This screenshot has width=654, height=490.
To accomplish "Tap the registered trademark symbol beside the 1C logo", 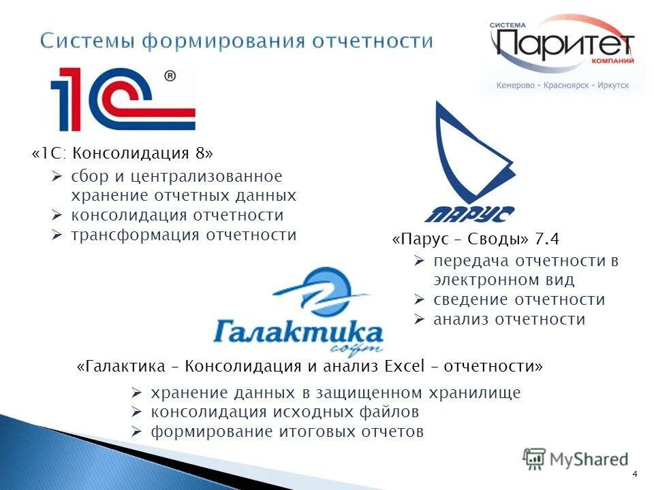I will (170, 77).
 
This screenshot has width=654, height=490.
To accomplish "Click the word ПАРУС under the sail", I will (469, 214).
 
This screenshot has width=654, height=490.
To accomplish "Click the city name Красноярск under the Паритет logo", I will (563, 86).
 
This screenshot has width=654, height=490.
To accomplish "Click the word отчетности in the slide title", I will (372, 41).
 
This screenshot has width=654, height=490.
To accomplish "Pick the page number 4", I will (635, 474).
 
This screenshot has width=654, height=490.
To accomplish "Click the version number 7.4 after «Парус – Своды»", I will (547, 239).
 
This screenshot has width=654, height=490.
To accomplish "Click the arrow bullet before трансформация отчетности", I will (58, 235).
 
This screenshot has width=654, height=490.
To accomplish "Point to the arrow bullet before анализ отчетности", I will (420, 318).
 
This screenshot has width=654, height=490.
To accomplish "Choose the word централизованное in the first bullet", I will (206, 176).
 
